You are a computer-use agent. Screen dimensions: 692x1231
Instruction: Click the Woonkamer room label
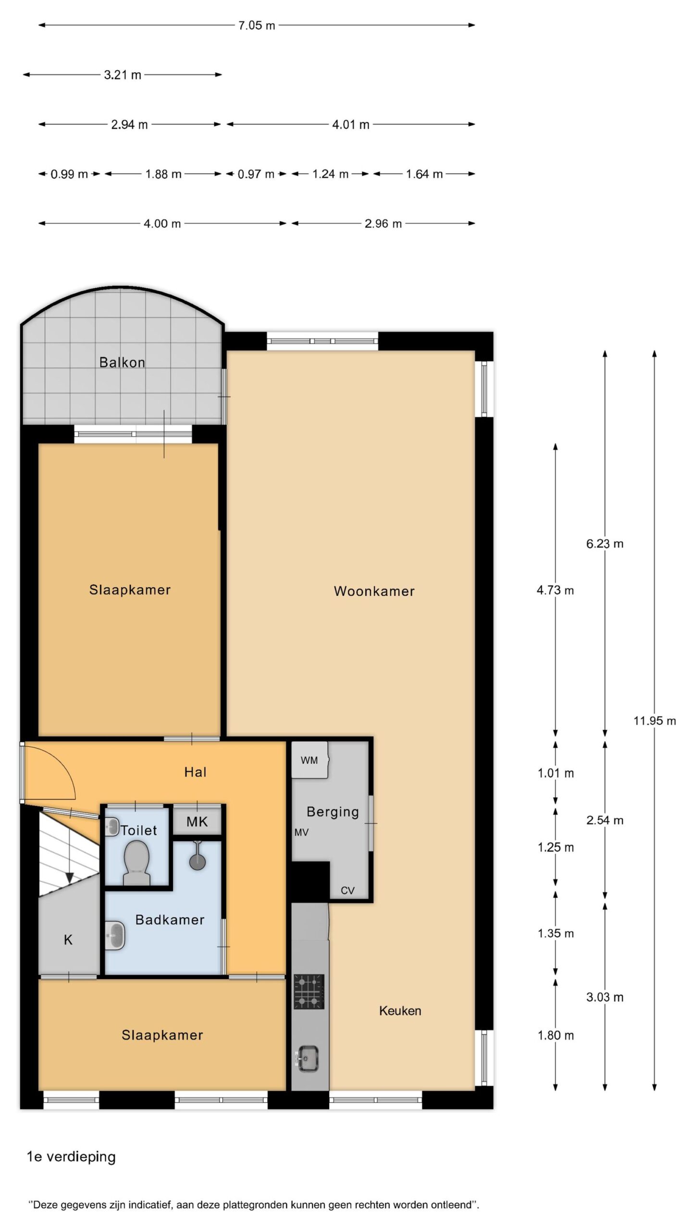(374, 591)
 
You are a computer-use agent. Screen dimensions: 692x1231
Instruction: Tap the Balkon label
(122, 362)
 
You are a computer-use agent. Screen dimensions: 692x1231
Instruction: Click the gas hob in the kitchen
(309, 992)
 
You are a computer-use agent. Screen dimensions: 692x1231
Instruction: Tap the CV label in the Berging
(347, 891)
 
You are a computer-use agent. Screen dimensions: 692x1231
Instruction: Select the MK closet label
(197, 822)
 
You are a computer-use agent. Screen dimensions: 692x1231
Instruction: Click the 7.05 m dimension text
(257, 25)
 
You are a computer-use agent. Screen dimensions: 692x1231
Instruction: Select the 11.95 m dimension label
(655, 721)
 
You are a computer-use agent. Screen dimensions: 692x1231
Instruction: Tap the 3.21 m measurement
(123, 75)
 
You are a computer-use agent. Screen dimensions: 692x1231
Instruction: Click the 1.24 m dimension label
(330, 174)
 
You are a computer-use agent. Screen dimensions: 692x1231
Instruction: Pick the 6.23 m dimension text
(605, 544)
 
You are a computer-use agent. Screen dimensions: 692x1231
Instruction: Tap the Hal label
(195, 772)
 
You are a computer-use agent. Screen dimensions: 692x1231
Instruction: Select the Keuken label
(400, 1011)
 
